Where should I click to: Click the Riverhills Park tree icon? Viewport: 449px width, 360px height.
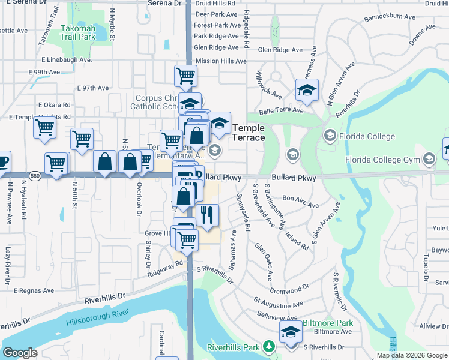tap(270, 347)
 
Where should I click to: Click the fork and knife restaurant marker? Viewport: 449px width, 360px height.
tap(208, 214)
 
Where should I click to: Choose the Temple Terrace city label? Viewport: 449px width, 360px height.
tap(249, 133)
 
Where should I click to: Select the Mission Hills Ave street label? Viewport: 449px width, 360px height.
tap(221, 61)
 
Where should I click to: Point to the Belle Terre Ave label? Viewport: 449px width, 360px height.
tap(281, 111)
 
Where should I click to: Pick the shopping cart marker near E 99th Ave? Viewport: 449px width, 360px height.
tap(186, 75)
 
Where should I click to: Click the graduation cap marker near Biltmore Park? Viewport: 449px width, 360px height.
tap(291, 331)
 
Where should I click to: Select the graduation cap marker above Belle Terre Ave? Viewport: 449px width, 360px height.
tap(307, 89)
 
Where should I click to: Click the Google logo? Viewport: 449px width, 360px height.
tap(20, 353)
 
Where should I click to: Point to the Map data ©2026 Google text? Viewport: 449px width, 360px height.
tap(412, 355)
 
